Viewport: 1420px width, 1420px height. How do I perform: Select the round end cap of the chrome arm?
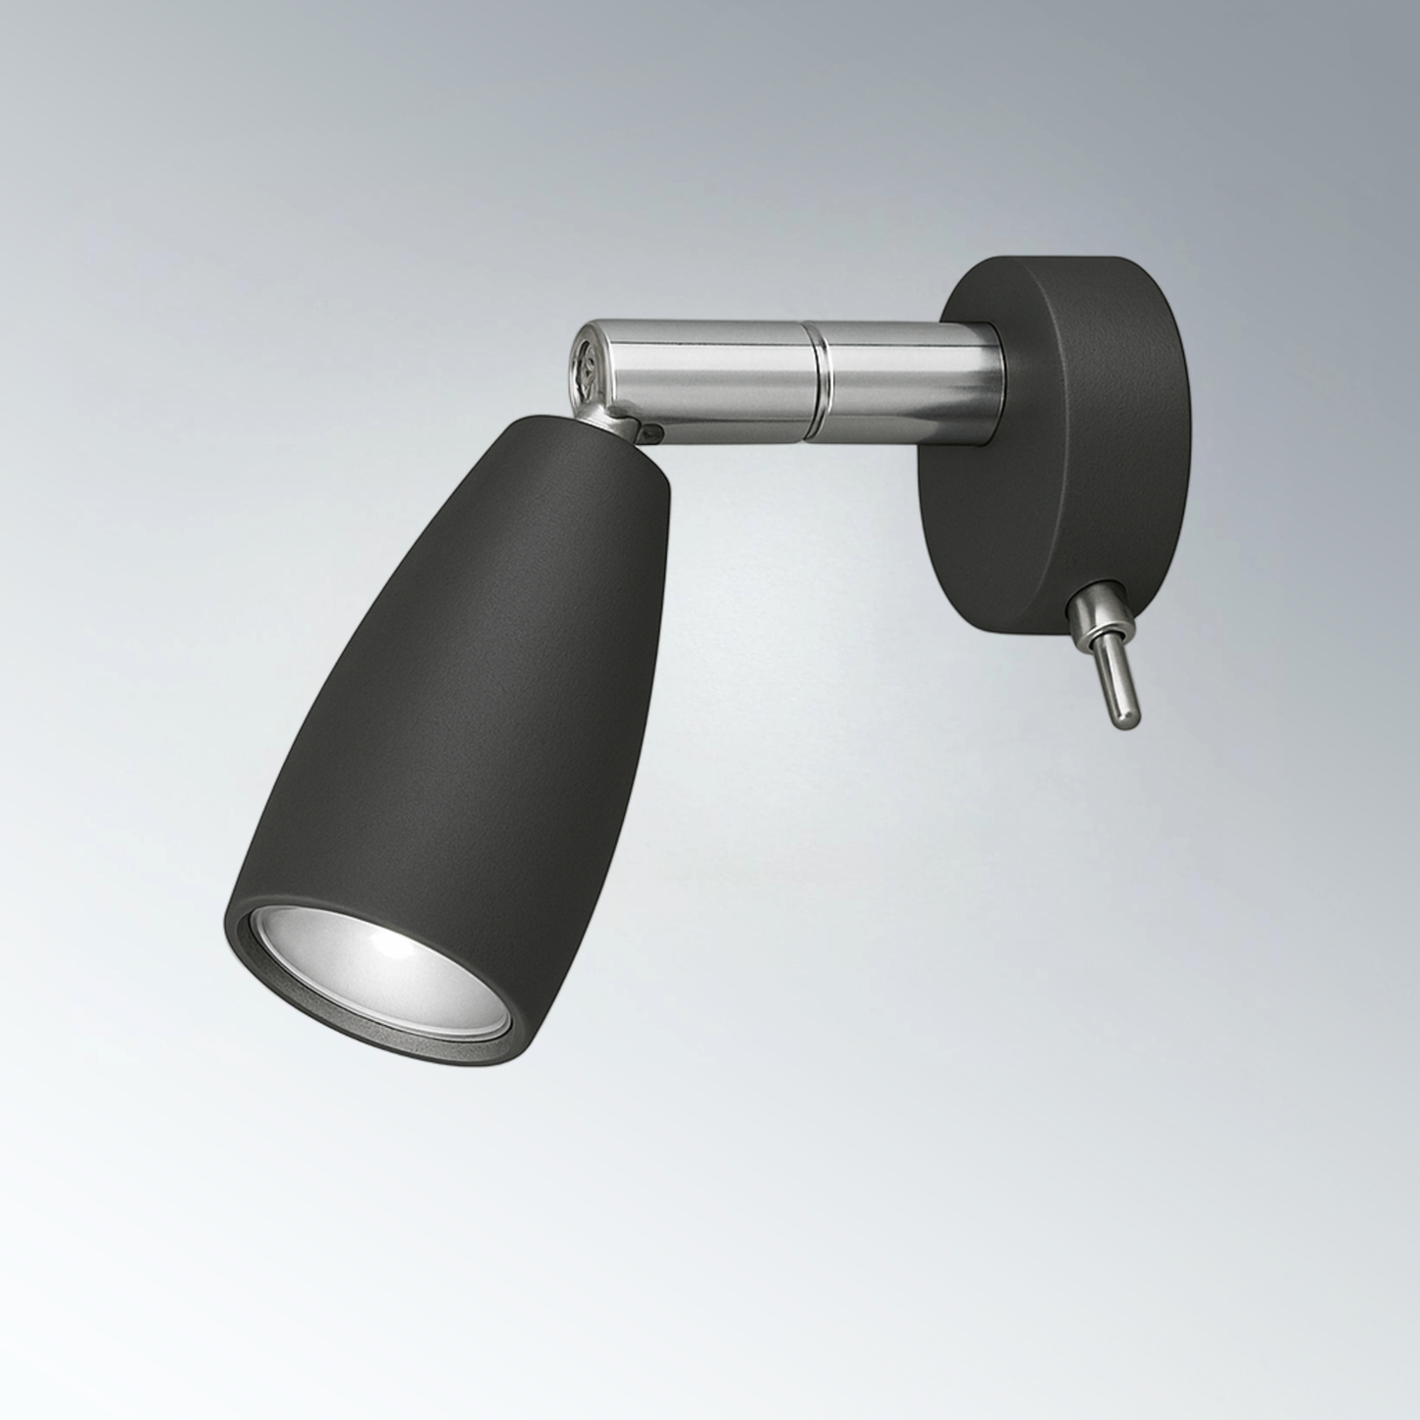tap(587, 372)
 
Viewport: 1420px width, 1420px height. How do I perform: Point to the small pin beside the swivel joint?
tap(650, 429)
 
